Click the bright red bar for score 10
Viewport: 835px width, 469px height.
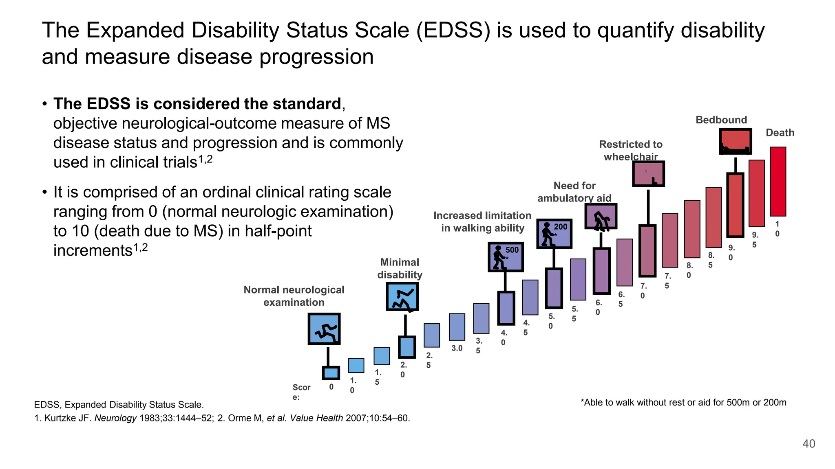pyautogui.click(x=778, y=182)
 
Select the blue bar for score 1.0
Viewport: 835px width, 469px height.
pyautogui.click(x=356, y=366)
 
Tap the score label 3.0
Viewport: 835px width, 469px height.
pyautogui.click(x=457, y=348)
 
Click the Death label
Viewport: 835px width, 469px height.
pyautogui.click(x=780, y=133)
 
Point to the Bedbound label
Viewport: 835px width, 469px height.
pyautogui.click(x=721, y=120)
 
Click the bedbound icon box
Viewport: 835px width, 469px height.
pyautogui.click(x=735, y=142)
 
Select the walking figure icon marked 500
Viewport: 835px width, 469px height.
pyautogui.click(x=505, y=257)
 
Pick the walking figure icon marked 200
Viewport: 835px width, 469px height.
pyautogui.click(x=554, y=234)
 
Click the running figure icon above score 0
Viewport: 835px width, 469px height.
pyautogui.click(x=324, y=329)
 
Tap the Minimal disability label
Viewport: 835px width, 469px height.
pyautogui.click(x=400, y=269)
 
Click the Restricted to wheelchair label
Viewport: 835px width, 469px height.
pyautogui.click(x=630, y=150)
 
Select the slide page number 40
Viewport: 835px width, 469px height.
pyautogui.click(x=808, y=444)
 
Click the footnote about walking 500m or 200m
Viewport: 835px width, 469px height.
pyautogui.click(x=683, y=403)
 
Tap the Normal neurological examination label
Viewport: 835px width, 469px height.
pyautogui.click(x=294, y=296)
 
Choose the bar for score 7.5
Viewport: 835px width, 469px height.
pyautogui.click(x=670, y=240)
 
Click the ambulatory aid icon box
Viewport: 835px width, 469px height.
pyautogui.click(x=601, y=216)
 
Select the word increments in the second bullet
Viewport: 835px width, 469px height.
pyautogui.click(x=93, y=250)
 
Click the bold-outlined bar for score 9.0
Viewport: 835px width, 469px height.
pyautogui.click(x=735, y=205)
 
